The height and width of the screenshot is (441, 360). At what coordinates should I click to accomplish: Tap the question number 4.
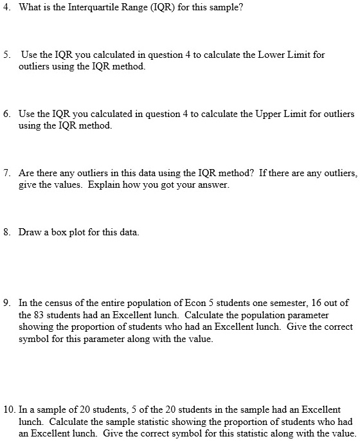[x=6, y=7]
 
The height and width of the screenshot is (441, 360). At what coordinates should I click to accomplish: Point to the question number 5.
[x=6, y=55]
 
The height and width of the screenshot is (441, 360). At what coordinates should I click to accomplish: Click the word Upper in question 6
[x=271, y=114]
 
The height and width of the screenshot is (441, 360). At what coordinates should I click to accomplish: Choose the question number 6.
[x=6, y=114]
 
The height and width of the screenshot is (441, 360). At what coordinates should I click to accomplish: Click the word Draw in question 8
[x=30, y=233]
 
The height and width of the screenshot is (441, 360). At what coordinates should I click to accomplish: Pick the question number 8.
[x=6, y=233]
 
